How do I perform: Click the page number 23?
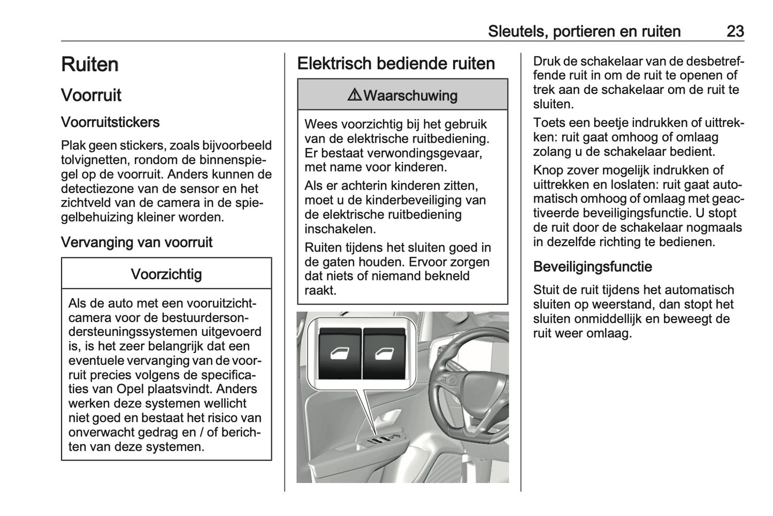coord(735,31)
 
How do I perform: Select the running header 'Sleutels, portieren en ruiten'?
coord(584,31)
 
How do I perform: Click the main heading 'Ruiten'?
coord(89,64)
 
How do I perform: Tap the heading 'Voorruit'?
coord(91,95)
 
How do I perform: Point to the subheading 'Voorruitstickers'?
coord(110,122)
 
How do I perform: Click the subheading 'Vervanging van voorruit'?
coord(136,242)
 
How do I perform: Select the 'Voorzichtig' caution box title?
coord(166,274)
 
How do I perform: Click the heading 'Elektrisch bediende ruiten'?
coord(396,63)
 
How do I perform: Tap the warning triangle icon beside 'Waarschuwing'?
coord(354,95)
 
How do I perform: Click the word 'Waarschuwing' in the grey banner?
coord(410,96)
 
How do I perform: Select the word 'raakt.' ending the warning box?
coord(320,290)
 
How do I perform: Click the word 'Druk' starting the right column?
coord(546,61)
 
